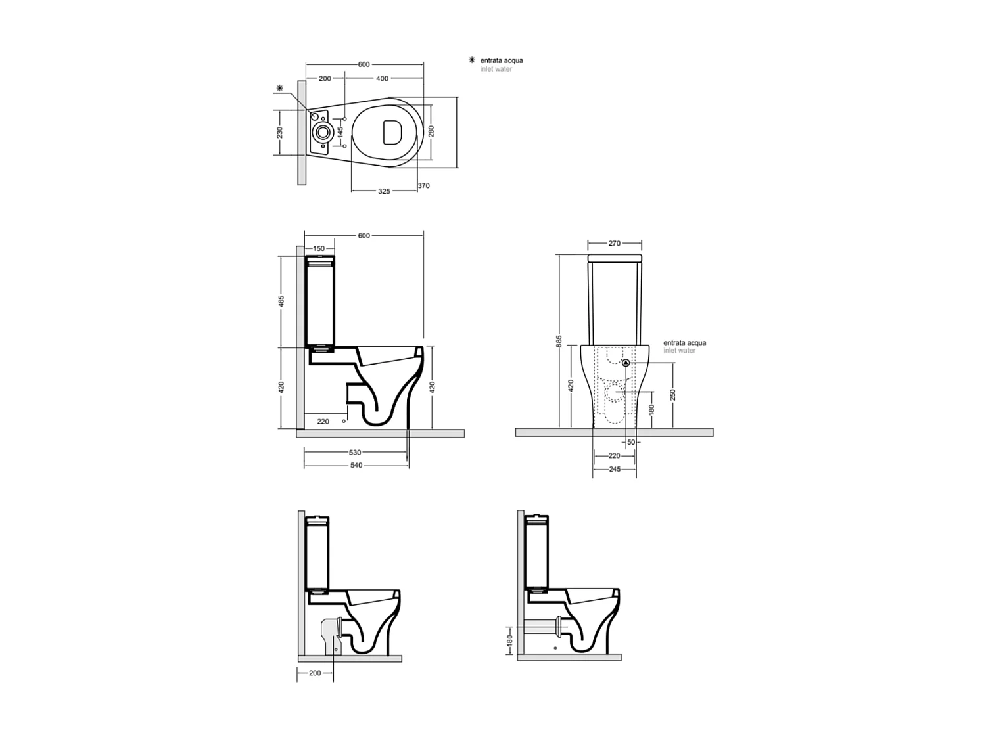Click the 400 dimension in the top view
click(382, 78)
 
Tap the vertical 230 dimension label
click(279, 133)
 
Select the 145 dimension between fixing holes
click(340, 132)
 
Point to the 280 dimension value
click(431, 131)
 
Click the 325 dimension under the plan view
click(384, 191)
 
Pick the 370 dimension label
click(424, 186)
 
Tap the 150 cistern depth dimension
click(319, 248)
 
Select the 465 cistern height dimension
click(281, 302)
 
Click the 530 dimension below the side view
click(355, 452)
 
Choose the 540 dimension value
click(356, 465)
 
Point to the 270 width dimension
click(614, 243)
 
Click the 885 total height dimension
click(559, 341)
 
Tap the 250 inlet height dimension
click(672, 394)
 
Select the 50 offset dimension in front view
click(631, 442)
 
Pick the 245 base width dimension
click(614, 469)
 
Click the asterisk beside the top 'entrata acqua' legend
click(471, 60)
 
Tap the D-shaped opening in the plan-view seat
click(392, 132)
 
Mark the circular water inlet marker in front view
click(626, 363)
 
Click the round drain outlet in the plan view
click(322, 132)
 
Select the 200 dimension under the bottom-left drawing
click(315, 673)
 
